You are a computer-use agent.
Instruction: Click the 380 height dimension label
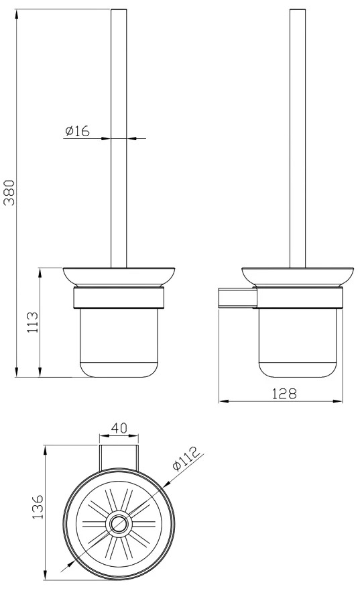pyautogui.click(x=9, y=193)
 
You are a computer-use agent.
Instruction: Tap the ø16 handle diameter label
pyautogui.click(x=77, y=131)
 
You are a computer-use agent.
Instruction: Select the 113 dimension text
pyautogui.click(x=32, y=322)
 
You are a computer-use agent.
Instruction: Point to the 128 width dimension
pyautogui.click(x=284, y=394)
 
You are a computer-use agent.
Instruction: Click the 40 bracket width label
pyautogui.click(x=119, y=427)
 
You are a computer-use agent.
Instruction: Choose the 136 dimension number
pyautogui.click(x=38, y=506)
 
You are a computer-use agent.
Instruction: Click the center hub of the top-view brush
pyautogui.click(x=119, y=523)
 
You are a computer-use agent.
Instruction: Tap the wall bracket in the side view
pyautogui.click(x=237, y=298)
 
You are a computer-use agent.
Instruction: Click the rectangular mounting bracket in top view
pyautogui.click(x=119, y=456)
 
